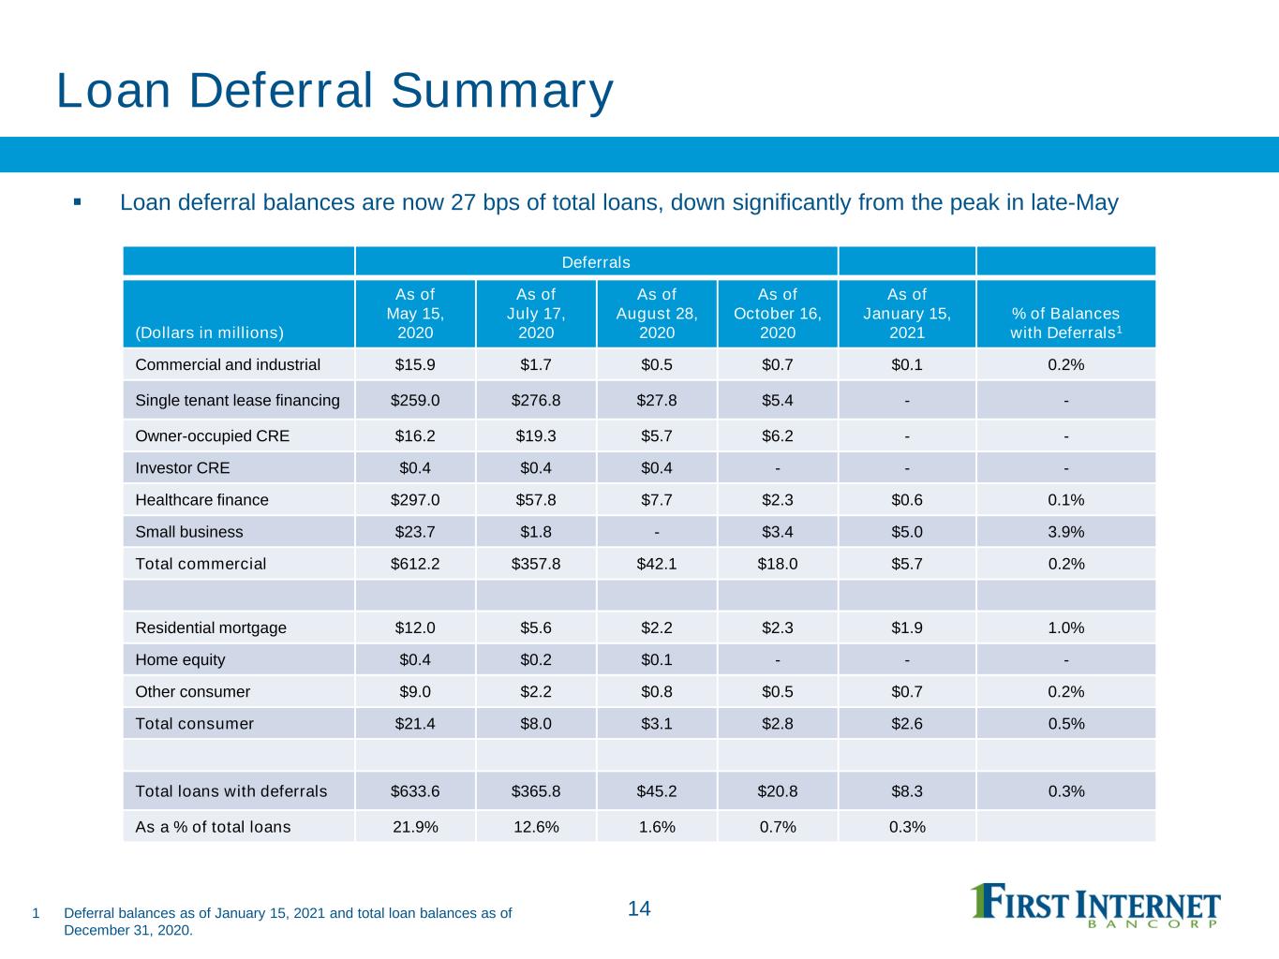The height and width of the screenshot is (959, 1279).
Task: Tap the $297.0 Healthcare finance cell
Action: (415, 499)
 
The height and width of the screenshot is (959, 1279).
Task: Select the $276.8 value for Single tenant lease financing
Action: (535, 400)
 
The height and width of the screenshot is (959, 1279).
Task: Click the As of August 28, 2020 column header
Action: (657, 313)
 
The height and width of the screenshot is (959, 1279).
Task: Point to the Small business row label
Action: (188, 532)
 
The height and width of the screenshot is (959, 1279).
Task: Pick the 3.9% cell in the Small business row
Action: (1065, 532)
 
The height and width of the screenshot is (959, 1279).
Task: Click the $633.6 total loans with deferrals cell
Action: (415, 790)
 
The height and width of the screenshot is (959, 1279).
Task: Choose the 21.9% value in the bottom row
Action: (415, 827)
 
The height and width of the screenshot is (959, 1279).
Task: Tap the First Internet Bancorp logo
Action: (1094, 905)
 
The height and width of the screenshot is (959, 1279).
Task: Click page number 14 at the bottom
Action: (639, 908)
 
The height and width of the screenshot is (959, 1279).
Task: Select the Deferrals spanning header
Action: (596, 262)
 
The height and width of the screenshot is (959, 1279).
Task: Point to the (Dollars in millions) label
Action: (209, 332)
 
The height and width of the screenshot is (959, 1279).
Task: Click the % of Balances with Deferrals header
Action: (1065, 322)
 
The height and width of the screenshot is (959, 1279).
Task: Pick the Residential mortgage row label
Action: (211, 627)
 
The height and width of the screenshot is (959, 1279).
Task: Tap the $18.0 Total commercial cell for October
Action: (778, 564)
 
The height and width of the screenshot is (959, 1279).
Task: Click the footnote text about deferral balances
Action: (288, 922)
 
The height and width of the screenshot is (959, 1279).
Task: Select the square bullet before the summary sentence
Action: (77, 202)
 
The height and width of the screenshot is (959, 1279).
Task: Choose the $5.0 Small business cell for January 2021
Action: (907, 532)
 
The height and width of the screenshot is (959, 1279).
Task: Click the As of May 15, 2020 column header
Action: (415, 313)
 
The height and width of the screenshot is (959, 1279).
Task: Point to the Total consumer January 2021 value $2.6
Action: (907, 723)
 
